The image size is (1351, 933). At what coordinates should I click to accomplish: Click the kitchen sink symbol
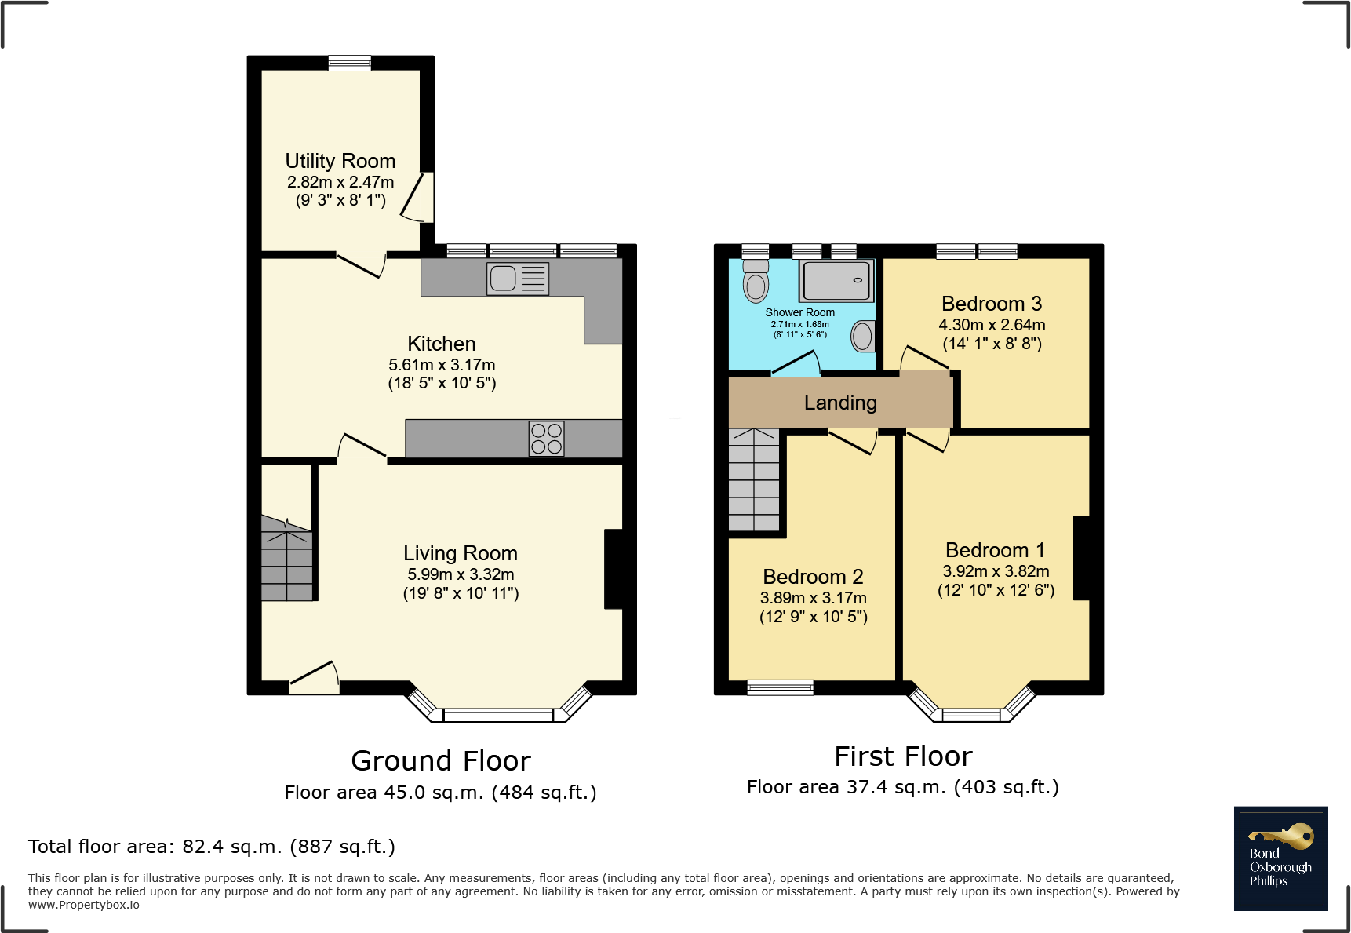coord(518,279)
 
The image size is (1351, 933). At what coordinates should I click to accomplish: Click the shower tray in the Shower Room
coord(836,281)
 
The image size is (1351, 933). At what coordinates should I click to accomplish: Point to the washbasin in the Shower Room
coord(863,337)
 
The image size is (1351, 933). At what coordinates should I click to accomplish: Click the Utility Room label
coord(340,161)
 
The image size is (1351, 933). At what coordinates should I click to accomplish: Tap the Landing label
coord(840,403)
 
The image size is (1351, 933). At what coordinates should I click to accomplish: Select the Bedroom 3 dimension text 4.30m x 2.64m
coord(992,325)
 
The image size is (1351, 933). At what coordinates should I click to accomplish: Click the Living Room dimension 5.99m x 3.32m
coord(461,574)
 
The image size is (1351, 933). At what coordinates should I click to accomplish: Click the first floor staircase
coord(754,480)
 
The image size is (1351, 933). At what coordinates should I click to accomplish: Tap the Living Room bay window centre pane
coord(497,715)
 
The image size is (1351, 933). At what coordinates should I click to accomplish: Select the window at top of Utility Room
coord(349,63)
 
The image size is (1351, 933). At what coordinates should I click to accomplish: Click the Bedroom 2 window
coord(780,687)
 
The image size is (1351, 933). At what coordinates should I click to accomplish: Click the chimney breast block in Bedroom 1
coord(1081,558)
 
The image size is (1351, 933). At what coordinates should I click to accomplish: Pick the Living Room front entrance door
coord(314,680)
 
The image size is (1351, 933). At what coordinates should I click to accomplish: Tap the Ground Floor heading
coord(441,760)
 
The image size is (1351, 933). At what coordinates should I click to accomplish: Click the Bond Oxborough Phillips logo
coord(1280,858)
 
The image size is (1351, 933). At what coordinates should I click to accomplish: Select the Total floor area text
coord(212,847)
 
